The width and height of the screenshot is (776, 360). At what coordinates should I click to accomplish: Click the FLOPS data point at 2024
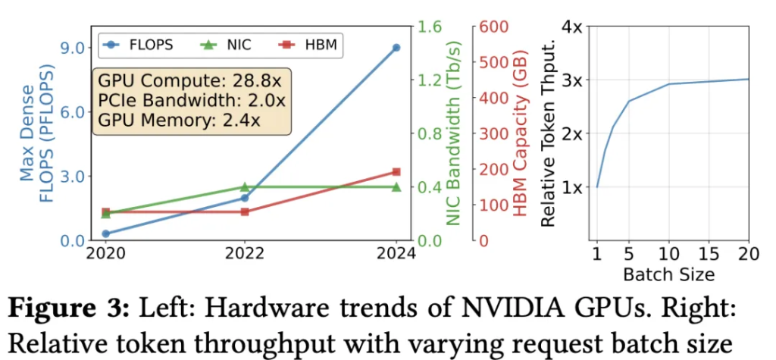point(396,47)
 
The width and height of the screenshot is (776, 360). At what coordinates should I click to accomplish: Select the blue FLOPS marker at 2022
point(245,198)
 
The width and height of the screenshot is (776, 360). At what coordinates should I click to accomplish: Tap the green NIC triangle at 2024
point(396,186)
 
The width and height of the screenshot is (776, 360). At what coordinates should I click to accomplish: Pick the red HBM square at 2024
point(396,172)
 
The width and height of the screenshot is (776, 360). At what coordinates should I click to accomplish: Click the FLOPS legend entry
point(140,45)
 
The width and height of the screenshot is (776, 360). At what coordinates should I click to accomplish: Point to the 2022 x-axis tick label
point(245,255)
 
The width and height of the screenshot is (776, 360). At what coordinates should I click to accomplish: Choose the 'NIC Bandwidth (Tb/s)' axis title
point(453,133)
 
